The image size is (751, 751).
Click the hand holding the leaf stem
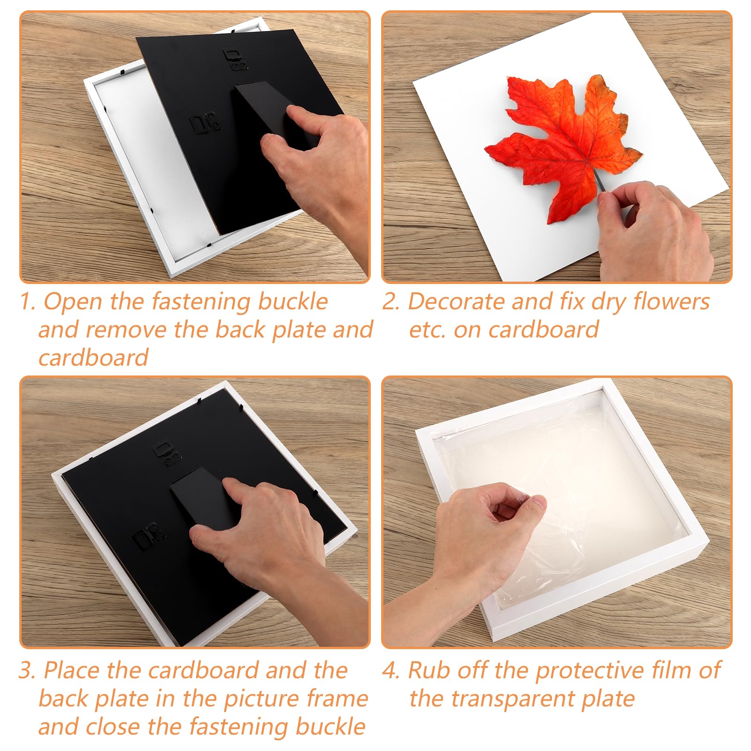point(652,230)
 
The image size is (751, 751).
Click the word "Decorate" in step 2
point(455,301)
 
